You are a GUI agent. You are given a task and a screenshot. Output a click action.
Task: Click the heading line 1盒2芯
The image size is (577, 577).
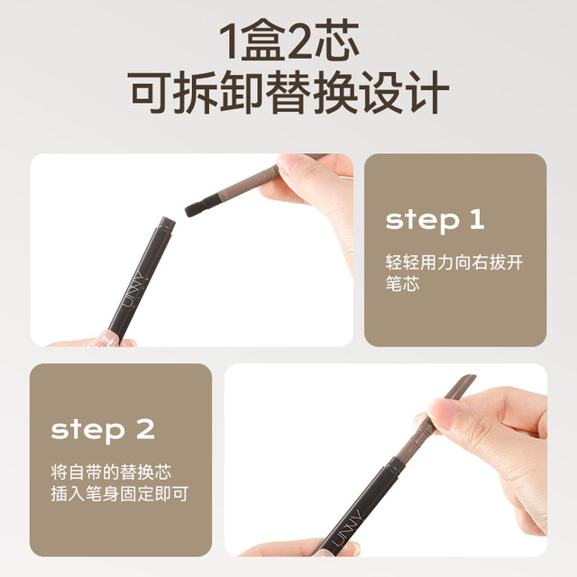[289, 41]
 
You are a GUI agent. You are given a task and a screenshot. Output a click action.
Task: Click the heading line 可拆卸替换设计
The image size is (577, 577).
[288, 92]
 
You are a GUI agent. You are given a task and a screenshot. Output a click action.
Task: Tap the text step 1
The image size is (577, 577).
[435, 220]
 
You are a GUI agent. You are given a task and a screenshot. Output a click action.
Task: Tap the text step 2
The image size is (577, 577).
[103, 430]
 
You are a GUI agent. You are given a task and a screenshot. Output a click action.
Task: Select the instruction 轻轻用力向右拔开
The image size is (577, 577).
[454, 262]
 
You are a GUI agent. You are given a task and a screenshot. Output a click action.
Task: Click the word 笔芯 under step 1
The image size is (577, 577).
[403, 284]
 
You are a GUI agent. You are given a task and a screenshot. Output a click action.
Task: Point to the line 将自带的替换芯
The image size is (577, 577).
[111, 472]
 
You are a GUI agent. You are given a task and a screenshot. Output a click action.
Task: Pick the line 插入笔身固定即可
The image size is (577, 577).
[120, 494]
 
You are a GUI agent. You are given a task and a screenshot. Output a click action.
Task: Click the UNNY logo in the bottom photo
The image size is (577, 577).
[346, 527]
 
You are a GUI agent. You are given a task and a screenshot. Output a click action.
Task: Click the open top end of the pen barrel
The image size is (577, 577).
[167, 223]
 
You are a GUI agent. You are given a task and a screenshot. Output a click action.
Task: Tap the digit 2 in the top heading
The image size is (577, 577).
[300, 41]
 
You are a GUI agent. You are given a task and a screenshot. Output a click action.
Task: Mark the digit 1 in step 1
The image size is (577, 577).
[477, 219]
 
